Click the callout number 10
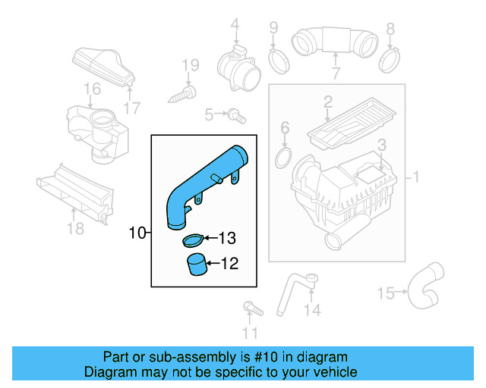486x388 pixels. tap(137, 233)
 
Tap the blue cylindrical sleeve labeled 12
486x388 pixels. tap(197, 266)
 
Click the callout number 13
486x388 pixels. tap(227, 239)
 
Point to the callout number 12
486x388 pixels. tap(229, 264)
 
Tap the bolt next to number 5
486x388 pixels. tap(237, 115)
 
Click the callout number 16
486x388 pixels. tap(92, 90)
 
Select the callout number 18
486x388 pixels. tap(75, 228)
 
